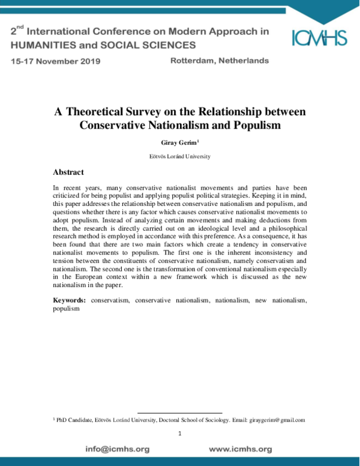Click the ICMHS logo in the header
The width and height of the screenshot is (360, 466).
319,37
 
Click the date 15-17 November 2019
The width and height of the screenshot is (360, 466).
55,61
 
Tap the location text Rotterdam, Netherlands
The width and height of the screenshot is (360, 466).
220,61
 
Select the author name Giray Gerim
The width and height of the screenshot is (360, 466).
178,143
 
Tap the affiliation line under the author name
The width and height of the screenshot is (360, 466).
179,156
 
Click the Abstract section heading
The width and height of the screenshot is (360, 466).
72,172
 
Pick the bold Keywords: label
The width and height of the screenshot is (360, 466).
69,300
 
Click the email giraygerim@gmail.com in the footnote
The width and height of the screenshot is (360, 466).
277,420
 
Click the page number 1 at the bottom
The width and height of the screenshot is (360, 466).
179,434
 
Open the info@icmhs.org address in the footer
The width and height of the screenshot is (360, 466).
117,449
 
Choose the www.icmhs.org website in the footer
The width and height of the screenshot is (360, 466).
240,449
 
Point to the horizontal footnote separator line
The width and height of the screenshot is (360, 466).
179,413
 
